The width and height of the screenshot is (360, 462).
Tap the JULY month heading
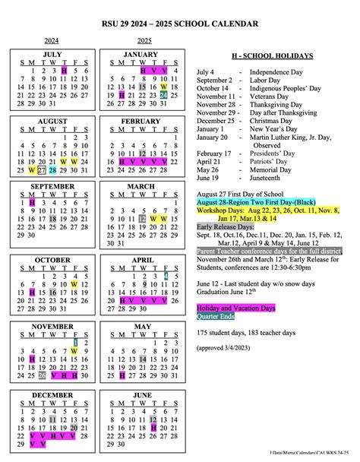(52, 55)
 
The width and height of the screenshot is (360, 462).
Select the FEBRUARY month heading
(141, 121)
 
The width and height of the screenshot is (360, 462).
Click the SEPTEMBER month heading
(52, 187)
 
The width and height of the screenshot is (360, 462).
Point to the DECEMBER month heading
(52, 395)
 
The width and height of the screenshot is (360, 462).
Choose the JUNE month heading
(142, 395)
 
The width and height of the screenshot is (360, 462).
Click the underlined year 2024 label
(52, 40)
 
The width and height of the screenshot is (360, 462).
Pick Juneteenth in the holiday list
(272, 177)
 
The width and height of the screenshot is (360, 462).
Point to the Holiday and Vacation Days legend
(236, 308)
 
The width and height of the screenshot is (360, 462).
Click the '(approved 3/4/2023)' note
(229, 347)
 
